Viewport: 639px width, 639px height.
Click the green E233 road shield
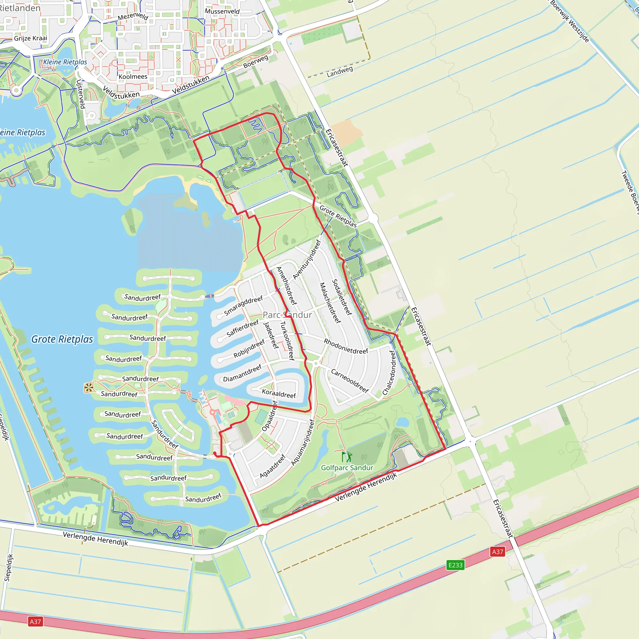pos(455,565)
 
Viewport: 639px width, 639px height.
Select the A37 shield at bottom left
pos(35,622)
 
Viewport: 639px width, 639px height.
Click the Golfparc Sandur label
pos(347,468)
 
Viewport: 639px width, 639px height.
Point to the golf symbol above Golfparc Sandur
pos(347,457)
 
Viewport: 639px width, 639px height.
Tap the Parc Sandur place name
pos(287,315)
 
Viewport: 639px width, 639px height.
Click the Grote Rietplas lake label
pos(62,339)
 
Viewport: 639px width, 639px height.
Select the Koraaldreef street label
pos(279,393)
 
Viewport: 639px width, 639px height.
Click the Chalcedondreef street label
pos(389,373)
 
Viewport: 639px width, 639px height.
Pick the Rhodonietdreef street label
pos(346,347)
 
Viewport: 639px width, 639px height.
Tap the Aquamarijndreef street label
pos(303,442)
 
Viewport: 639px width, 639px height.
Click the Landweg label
pos(340,72)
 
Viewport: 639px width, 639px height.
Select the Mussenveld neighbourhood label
pos(222,11)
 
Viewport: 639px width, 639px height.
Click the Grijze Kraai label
pos(31,38)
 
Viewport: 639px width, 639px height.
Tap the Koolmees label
pos(133,77)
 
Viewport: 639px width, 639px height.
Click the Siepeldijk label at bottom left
pos(9,568)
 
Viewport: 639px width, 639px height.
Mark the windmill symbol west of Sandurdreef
pos(88,388)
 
